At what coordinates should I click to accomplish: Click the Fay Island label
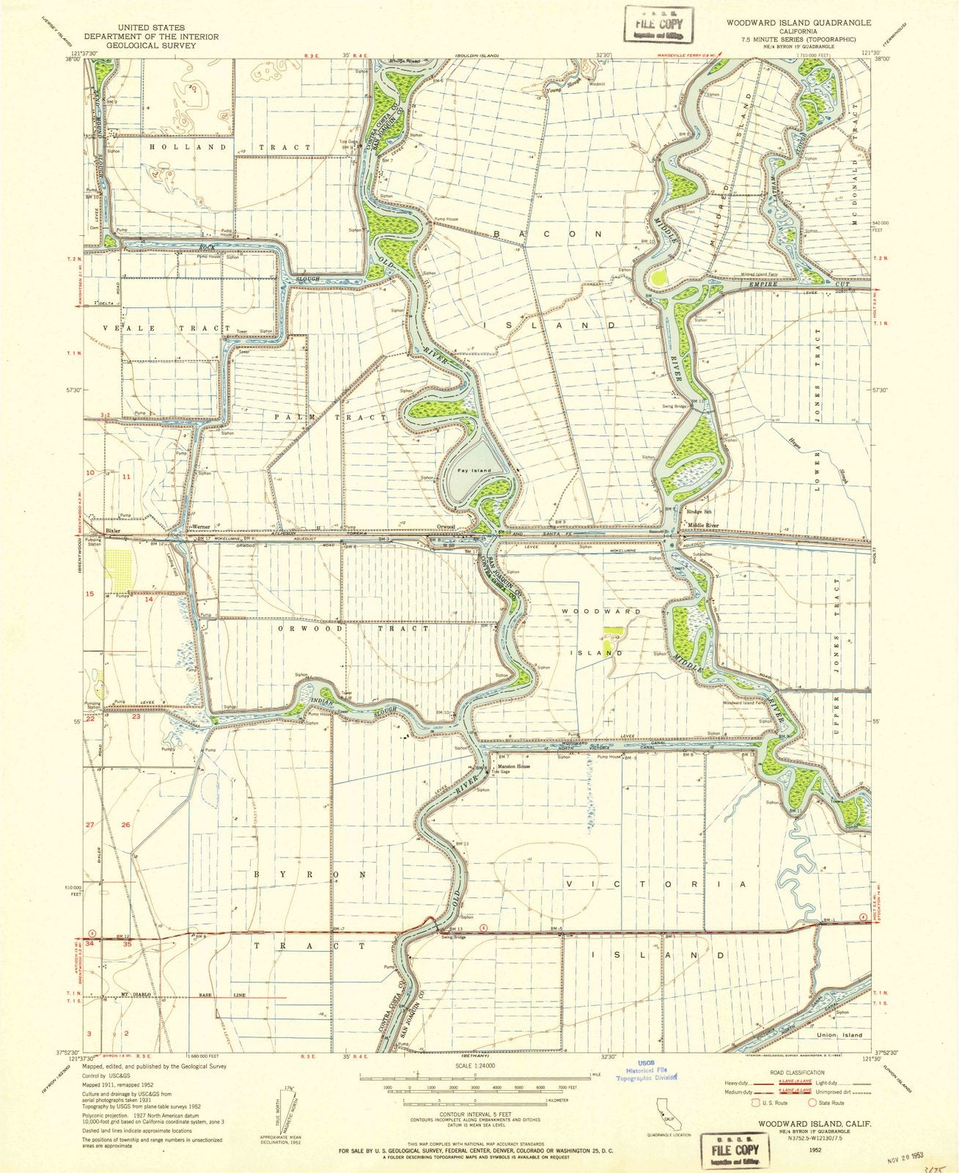tap(474, 470)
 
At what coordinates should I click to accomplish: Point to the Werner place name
tap(201, 527)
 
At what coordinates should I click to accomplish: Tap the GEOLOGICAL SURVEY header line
tap(139, 45)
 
